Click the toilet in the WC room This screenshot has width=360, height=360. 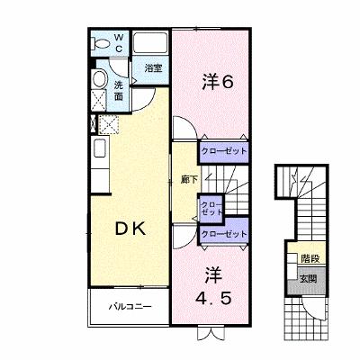(x=100, y=43)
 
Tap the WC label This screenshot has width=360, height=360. (x=119, y=42)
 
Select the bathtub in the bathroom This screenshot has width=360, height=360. (x=150, y=43)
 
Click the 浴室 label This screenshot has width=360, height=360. (x=153, y=68)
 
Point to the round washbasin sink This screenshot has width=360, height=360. (x=99, y=79)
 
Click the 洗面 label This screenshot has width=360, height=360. (x=119, y=91)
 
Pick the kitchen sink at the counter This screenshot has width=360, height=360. (x=100, y=148)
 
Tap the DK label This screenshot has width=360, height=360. (x=130, y=229)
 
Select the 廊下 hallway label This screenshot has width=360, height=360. (x=189, y=179)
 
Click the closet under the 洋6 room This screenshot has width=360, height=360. (x=224, y=151)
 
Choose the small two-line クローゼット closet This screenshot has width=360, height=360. (x=211, y=208)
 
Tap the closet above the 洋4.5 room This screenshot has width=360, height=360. (x=224, y=233)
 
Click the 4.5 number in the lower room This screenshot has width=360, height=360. (x=213, y=299)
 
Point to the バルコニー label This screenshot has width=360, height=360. (x=130, y=307)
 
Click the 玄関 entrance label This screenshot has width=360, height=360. (x=308, y=279)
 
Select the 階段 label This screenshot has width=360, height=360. (x=310, y=258)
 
